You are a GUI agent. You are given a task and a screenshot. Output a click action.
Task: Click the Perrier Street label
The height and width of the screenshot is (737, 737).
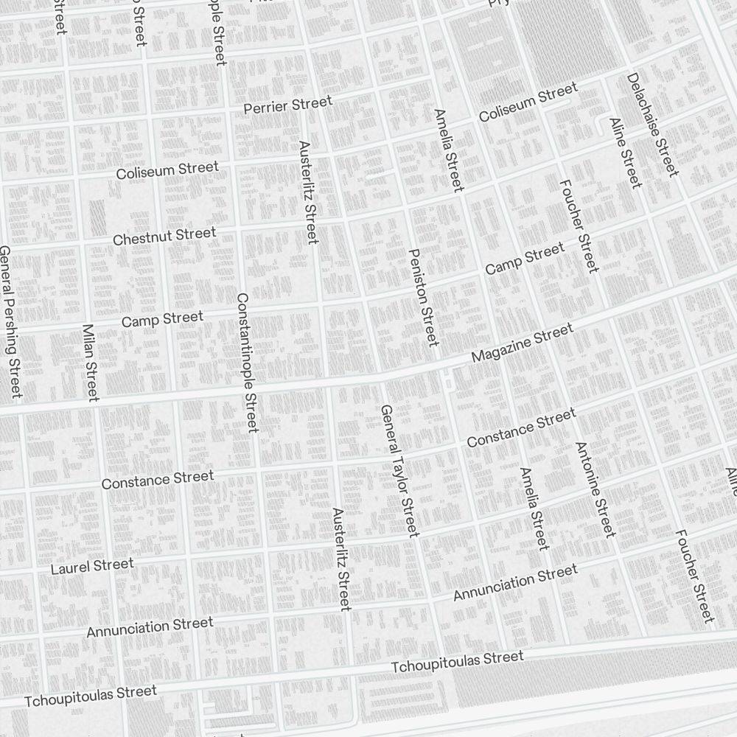[x=287, y=105]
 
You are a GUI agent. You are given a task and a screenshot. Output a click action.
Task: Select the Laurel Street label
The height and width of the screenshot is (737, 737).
[x=92, y=567]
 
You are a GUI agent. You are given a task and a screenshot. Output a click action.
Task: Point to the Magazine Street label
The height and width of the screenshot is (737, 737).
[x=522, y=344]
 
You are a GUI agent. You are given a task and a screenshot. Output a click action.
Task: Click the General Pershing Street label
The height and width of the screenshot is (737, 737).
[x=10, y=322]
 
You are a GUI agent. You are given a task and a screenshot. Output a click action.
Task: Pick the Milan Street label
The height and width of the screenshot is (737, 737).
[x=90, y=363]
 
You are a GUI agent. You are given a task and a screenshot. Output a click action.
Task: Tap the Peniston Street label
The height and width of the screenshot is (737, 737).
[x=423, y=297]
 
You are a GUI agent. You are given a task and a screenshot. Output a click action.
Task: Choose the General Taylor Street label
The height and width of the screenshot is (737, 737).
[x=399, y=470]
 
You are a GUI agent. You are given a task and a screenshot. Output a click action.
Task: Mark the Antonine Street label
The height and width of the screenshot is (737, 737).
[x=595, y=489]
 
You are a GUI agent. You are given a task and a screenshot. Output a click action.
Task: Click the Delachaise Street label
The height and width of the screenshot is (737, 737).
[x=652, y=125]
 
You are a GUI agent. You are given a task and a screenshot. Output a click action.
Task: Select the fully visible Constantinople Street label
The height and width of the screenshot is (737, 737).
[x=247, y=363]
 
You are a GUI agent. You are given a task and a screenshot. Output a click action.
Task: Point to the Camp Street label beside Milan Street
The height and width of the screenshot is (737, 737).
[x=162, y=320]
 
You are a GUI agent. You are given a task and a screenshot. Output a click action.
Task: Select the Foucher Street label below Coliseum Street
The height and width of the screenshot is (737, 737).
[x=579, y=226]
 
